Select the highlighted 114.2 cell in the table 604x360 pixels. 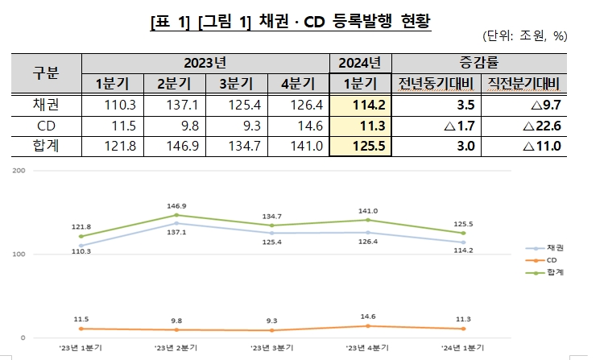pos(360,106)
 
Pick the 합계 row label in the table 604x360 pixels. pos(47,146)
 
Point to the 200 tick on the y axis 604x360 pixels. pos(19,171)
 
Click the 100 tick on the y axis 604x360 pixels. pos(19,254)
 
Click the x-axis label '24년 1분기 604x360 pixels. pos(463,347)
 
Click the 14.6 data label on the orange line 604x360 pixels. pos(368,317)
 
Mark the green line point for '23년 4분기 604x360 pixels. pos(368,220)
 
